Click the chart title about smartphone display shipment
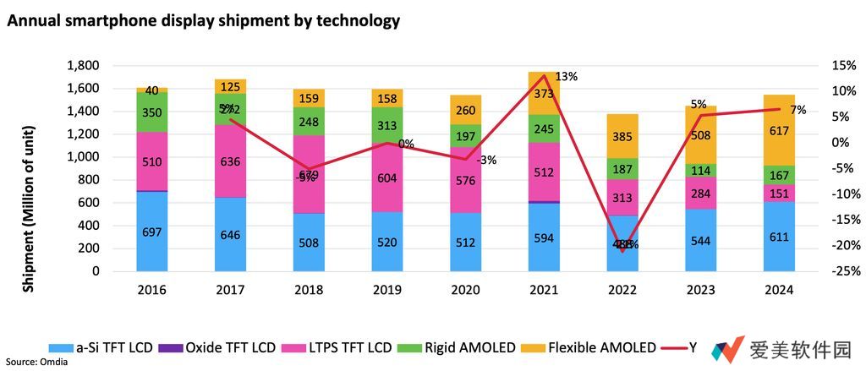[x=203, y=19]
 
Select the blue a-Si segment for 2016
[x=152, y=232]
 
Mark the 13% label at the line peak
[x=567, y=77]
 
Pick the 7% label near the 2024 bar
[x=797, y=110]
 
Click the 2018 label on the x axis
[x=309, y=290]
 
